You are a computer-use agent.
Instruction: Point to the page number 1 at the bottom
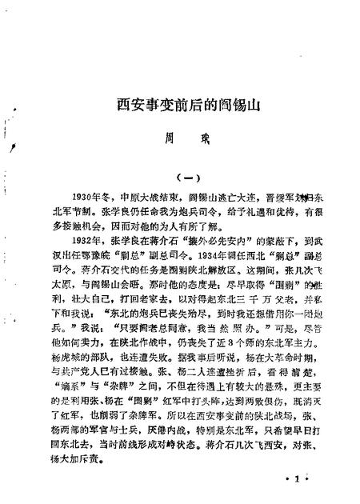click(x=295, y=478)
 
